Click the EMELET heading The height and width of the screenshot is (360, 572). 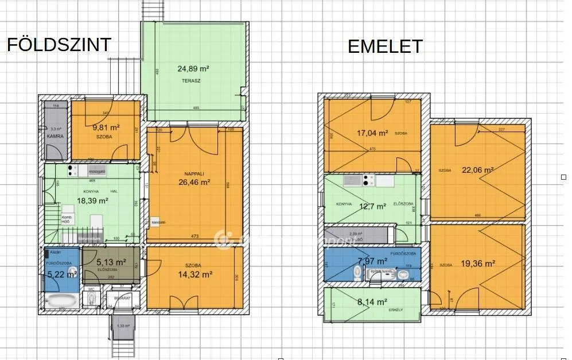coord(385,47)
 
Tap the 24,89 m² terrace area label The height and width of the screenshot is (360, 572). coord(193,68)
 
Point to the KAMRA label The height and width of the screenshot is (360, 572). coord(55,137)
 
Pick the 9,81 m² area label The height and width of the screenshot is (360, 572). coord(106,127)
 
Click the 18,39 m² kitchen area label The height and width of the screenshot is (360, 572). coord(93,200)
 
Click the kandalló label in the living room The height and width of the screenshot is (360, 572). coord(159,222)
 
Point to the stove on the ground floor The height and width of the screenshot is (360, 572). coord(73,171)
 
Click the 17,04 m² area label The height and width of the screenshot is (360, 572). coord(372,132)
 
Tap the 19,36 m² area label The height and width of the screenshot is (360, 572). coord(478,264)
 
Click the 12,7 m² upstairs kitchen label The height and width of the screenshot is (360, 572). coord(373,207)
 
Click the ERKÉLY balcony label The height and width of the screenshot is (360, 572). coord(395,310)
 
